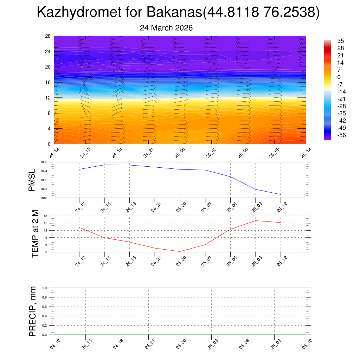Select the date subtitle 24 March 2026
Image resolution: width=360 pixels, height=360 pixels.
(x=166, y=28)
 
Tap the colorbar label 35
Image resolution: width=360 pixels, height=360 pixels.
(x=340, y=41)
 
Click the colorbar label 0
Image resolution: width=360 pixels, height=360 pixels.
(x=339, y=77)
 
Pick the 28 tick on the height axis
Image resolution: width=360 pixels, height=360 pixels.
(x=48, y=36)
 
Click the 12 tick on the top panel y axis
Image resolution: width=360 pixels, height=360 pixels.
(x=48, y=98)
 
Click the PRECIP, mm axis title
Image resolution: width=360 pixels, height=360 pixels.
(x=33, y=311)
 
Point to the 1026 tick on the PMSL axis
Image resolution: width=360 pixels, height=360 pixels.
(x=44, y=162)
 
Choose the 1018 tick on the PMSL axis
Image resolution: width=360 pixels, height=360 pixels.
(x=44, y=198)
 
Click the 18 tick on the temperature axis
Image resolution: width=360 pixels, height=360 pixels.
(x=46, y=216)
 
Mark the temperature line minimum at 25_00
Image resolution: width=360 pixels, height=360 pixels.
(x=180, y=251)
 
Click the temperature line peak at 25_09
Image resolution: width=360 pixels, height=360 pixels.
(x=256, y=221)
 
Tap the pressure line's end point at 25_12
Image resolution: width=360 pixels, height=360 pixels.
(x=281, y=194)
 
